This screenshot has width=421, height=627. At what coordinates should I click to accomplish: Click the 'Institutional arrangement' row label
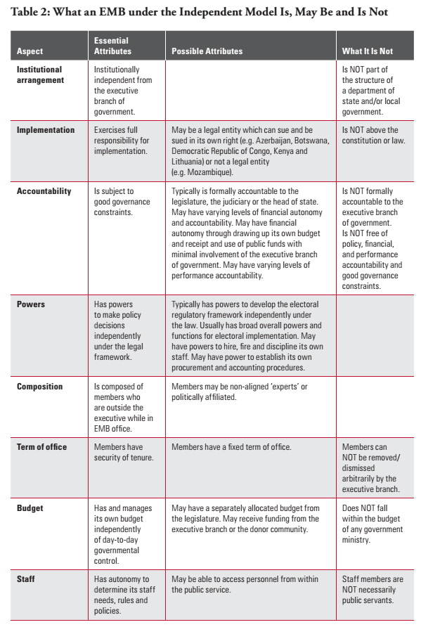click(39, 75)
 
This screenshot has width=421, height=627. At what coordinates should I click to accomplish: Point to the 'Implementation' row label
click(45, 130)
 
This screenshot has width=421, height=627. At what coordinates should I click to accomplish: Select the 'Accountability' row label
click(44, 191)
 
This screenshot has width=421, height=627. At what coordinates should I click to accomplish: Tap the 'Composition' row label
click(39, 386)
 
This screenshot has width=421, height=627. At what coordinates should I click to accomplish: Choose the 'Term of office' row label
click(41, 447)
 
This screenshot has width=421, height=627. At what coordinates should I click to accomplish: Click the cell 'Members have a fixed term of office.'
click(232, 447)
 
